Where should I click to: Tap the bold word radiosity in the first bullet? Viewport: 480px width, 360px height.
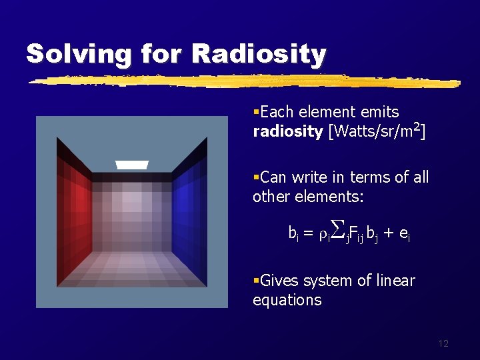[x=287, y=131]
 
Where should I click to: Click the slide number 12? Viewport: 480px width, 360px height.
[x=443, y=343]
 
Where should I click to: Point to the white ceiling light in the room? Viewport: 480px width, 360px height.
[x=131, y=165]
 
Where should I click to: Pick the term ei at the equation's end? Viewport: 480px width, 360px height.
[x=407, y=233]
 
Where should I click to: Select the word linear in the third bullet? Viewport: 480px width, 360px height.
[x=394, y=281]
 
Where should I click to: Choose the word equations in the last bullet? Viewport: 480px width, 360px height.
[x=287, y=300]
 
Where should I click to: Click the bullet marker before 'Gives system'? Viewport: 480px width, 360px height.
[x=256, y=281]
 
